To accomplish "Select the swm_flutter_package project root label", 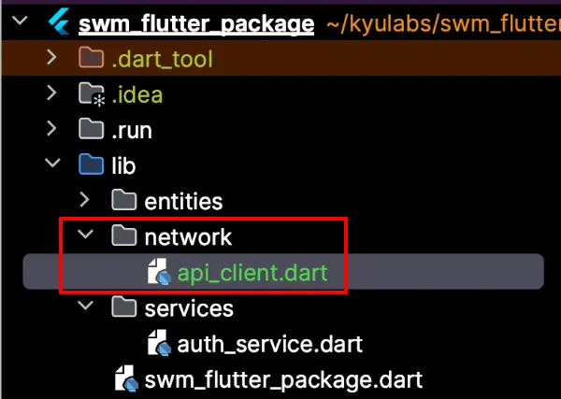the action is tap(196, 24).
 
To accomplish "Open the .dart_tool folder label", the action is tap(162, 60).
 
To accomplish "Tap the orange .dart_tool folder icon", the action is tap(91, 59).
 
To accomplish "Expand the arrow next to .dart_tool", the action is tap(53, 59).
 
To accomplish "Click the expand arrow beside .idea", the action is tap(53, 94).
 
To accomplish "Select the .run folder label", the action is tap(132, 130).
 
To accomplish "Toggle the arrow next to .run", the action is tap(53, 130).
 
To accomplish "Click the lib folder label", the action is tap(124, 165).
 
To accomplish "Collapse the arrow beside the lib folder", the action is tap(53, 165).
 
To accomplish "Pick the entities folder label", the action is tap(183, 201).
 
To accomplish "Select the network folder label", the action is tap(188, 236).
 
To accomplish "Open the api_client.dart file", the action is tap(253, 272).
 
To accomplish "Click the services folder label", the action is tap(189, 307).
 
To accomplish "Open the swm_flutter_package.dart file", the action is tap(283, 379).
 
